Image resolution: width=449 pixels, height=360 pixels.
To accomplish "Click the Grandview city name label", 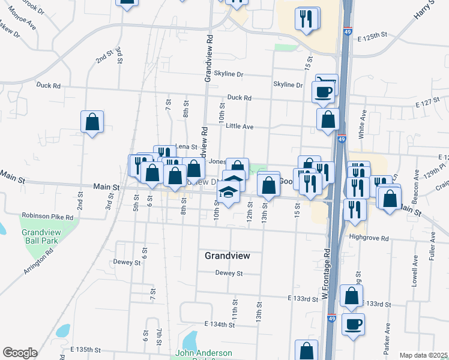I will click(227, 256).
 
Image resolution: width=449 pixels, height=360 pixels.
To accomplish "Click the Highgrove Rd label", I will click(369, 237).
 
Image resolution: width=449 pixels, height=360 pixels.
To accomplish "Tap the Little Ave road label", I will click(240, 126).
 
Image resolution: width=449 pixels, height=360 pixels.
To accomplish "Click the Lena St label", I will click(186, 146).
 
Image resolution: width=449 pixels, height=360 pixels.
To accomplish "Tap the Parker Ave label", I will click(387, 337).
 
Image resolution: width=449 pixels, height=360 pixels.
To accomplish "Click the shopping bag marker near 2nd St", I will click(92, 122).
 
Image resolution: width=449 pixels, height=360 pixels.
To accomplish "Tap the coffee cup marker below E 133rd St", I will click(352, 325).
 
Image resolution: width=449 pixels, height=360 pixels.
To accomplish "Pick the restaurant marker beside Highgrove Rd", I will click(355, 209).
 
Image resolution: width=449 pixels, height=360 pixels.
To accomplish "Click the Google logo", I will click(20, 353).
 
